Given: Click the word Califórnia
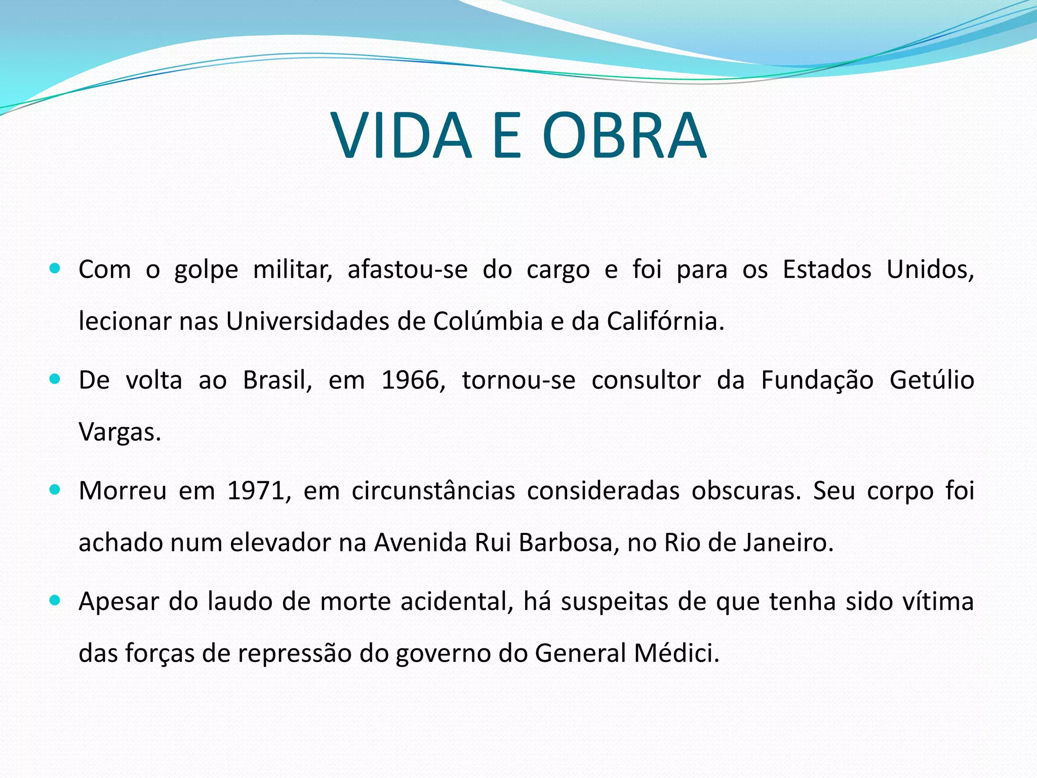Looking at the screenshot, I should pyautogui.click(x=665, y=321).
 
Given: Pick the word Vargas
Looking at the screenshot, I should pyautogui.click(x=119, y=432).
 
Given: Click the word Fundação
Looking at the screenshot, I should pyautogui.click(x=817, y=380).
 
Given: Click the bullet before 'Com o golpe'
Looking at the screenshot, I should pyautogui.click(x=55, y=268).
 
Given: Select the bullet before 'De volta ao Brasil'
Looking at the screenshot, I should pyautogui.click(x=55, y=379).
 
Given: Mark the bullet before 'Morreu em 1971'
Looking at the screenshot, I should pyautogui.click(x=55, y=490).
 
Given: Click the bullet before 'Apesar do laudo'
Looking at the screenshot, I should pyautogui.click(x=55, y=601).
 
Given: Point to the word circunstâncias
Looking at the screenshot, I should pyautogui.click(x=433, y=491).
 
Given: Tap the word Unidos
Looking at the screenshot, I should pyautogui.click(x=930, y=269).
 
